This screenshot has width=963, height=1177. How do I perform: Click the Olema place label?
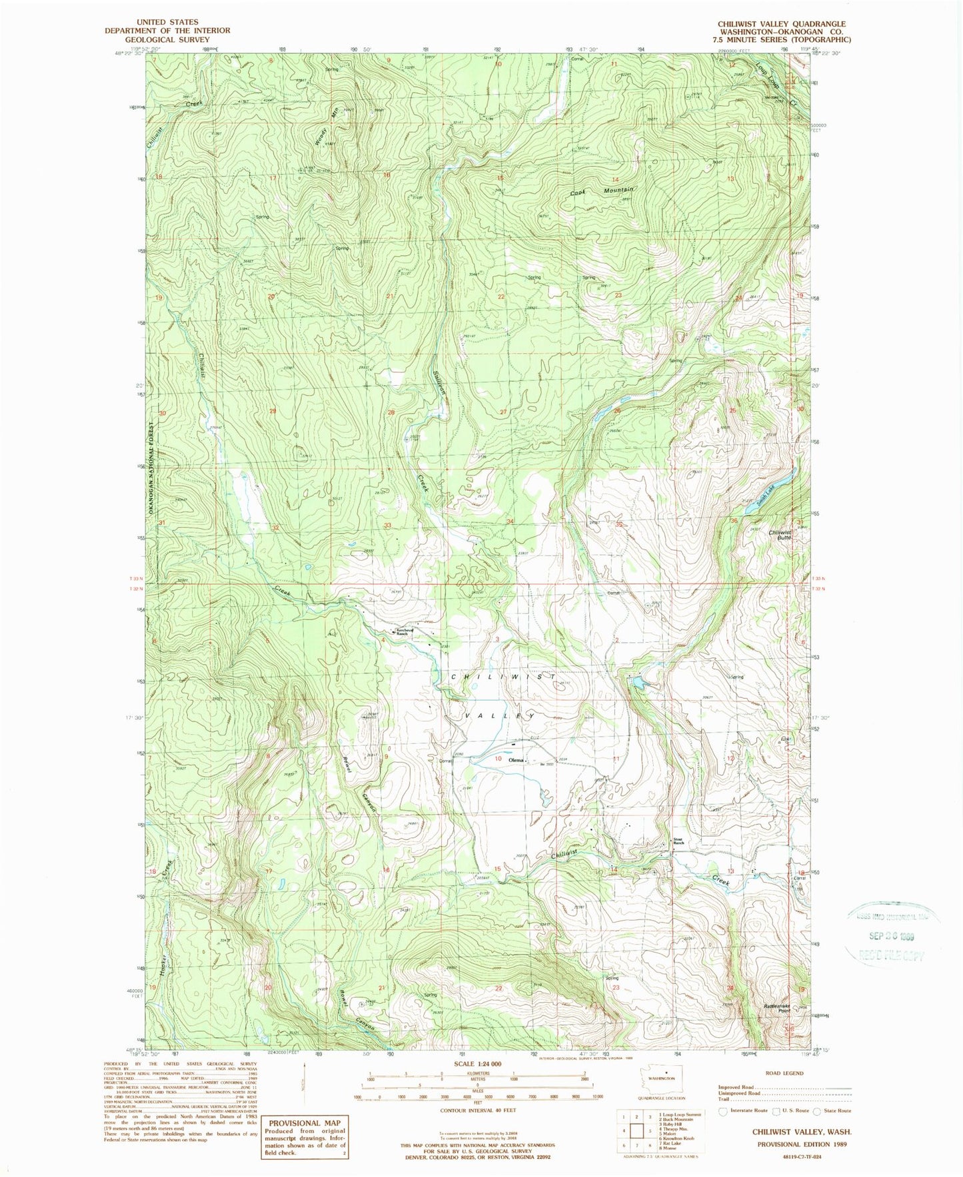click(515, 760)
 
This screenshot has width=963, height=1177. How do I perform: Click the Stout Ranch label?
click(678, 842)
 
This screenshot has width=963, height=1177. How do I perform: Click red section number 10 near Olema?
click(498, 759)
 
